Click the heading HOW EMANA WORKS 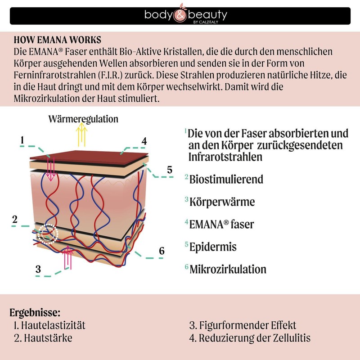click(58, 39)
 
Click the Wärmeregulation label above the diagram click(83, 119)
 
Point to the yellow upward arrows click(82, 134)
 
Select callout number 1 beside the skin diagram click(22, 140)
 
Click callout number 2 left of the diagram click(15, 220)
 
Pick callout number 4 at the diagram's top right click(144, 141)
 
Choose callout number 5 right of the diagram click(169, 170)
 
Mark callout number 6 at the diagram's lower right click(162, 251)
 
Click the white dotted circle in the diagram click(48, 233)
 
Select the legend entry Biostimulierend click(226, 179)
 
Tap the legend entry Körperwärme click(222, 201)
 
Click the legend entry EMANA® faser click(221, 224)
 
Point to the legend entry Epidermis click(213, 247)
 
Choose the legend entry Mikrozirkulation click(228, 269)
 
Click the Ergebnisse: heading click(35, 312)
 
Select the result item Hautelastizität click(49, 325)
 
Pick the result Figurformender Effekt click(243, 325)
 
